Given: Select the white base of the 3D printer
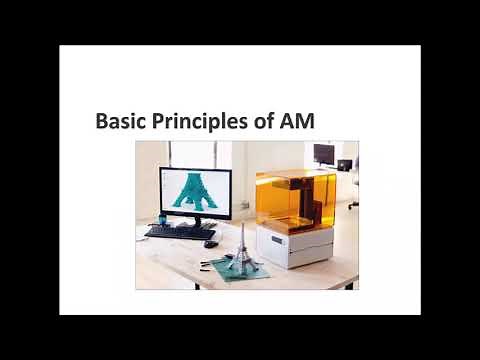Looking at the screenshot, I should [x=296, y=249].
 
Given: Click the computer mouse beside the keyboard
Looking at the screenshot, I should [x=210, y=243].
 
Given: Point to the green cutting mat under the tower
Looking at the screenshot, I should [x=234, y=268].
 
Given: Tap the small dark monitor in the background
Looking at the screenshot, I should [x=324, y=154].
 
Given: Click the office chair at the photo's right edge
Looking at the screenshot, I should [x=352, y=185].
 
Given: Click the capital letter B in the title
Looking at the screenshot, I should [x=101, y=122].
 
